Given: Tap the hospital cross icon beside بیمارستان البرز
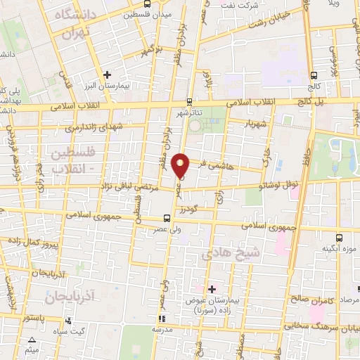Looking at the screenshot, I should pyautogui.click(x=106, y=74).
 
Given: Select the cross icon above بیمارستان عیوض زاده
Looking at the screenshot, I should pyautogui.click(x=212, y=288).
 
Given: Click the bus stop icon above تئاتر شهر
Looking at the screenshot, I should pyautogui.click(x=189, y=102).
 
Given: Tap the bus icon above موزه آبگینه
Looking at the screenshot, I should pyautogui.click(x=340, y=238).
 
